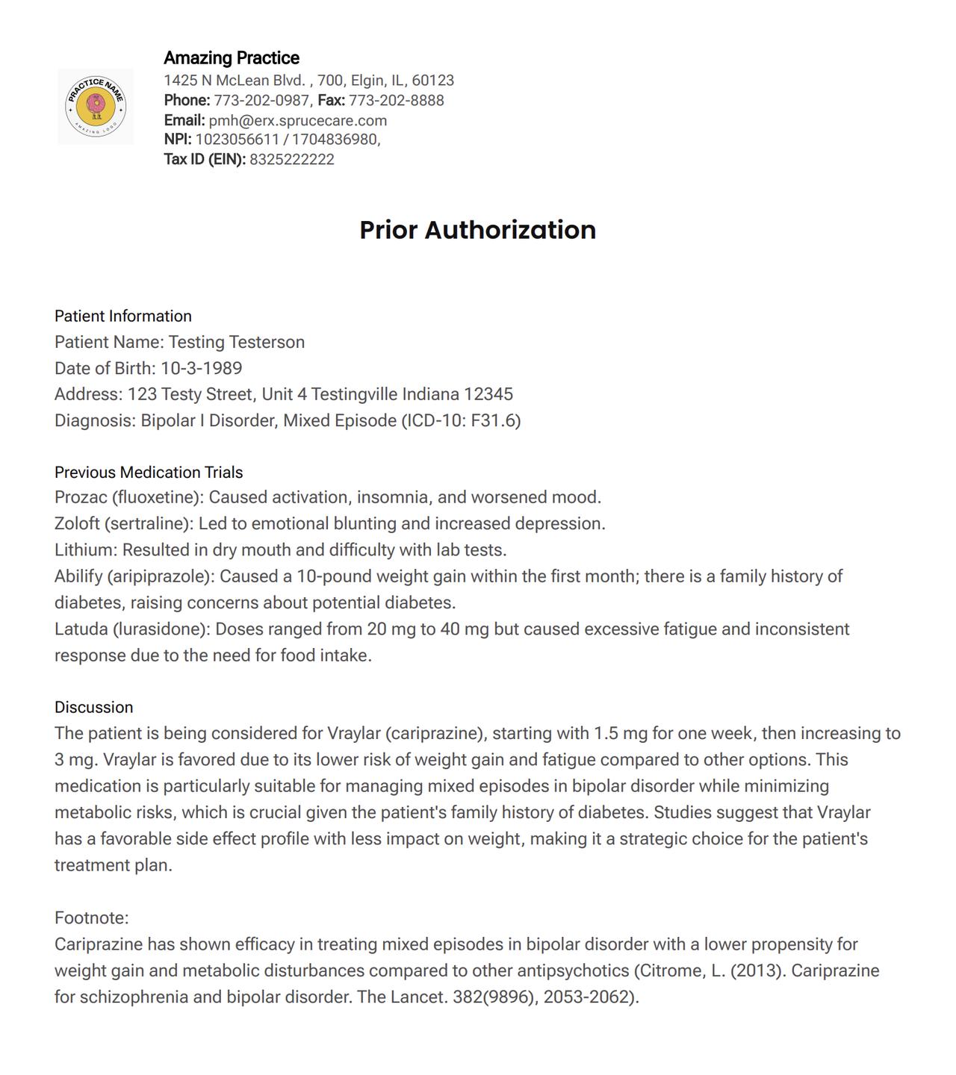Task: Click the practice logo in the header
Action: (96, 106)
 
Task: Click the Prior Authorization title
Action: (477, 230)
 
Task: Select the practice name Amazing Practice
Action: (232, 58)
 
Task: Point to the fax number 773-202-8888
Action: (396, 101)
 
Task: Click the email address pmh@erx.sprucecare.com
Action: (297, 121)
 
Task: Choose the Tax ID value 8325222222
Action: (292, 160)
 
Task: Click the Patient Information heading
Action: (123, 317)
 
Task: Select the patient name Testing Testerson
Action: (237, 343)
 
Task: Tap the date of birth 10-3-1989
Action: (202, 369)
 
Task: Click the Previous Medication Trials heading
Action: (149, 473)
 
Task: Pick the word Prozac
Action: (81, 498)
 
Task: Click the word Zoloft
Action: (77, 524)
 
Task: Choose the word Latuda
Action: (81, 629)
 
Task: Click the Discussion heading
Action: (93, 708)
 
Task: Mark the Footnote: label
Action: (91, 918)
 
